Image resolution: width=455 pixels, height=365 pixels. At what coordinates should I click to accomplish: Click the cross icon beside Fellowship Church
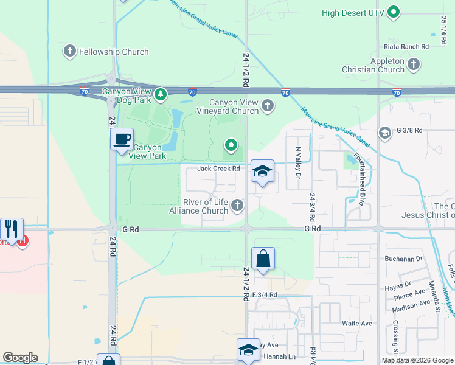point(70,52)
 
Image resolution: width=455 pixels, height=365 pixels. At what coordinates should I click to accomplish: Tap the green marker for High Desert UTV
point(394,12)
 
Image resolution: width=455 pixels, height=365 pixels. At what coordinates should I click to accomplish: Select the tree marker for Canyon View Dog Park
point(160,94)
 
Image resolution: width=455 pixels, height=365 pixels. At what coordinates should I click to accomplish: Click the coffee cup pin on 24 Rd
point(122,139)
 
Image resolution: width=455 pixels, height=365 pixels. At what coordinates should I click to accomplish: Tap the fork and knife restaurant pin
point(12,229)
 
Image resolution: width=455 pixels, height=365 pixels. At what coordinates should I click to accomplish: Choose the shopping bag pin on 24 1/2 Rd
point(263,259)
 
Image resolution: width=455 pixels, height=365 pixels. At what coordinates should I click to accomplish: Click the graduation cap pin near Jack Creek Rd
point(263,172)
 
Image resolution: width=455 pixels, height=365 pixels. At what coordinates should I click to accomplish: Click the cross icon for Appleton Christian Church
point(414,64)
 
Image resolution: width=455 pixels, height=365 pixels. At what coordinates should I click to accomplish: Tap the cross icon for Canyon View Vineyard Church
point(267,107)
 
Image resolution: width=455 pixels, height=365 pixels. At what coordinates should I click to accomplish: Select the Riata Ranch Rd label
point(406,46)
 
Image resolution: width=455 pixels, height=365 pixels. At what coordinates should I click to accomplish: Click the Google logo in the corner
point(20,358)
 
